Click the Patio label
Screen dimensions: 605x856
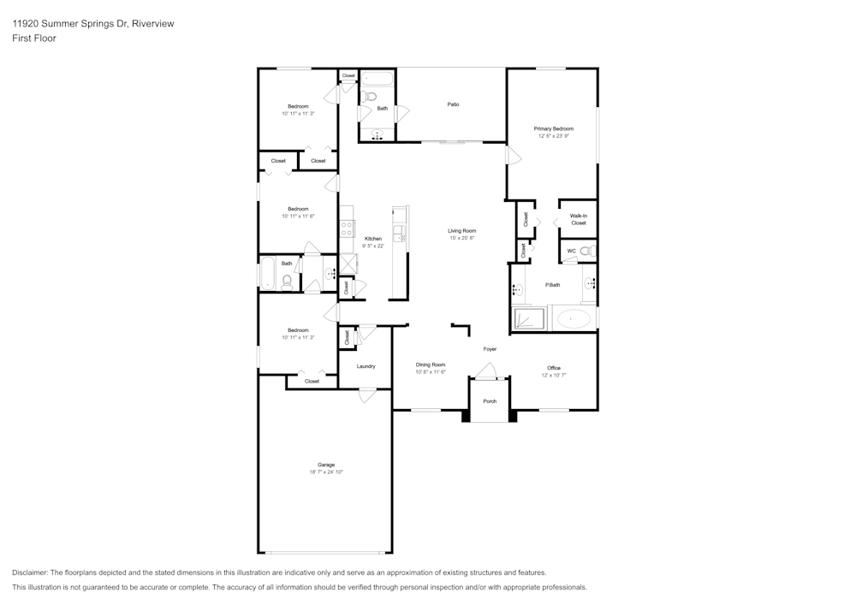(453, 104)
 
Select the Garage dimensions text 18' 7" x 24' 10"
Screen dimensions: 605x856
(326, 472)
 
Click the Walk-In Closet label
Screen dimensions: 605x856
(579, 219)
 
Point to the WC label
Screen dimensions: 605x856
(571, 251)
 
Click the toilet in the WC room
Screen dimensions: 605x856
(587, 251)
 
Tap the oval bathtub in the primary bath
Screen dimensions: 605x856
(574, 319)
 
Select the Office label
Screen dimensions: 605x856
(554, 368)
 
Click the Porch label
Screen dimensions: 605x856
(490, 401)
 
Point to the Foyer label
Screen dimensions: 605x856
(490, 349)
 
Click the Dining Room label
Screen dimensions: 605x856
(431, 365)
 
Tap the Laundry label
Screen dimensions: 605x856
(366, 366)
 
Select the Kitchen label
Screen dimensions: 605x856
(373, 239)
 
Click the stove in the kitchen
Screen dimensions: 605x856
(348, 228)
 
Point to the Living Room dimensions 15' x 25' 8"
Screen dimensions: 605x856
(462, 238)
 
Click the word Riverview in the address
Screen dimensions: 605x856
(155, 24)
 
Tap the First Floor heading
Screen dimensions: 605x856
(34, 39)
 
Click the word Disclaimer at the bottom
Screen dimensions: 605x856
(31, 572)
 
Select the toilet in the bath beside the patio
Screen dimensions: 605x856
(370, 96)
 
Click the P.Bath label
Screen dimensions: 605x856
(553, 285)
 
